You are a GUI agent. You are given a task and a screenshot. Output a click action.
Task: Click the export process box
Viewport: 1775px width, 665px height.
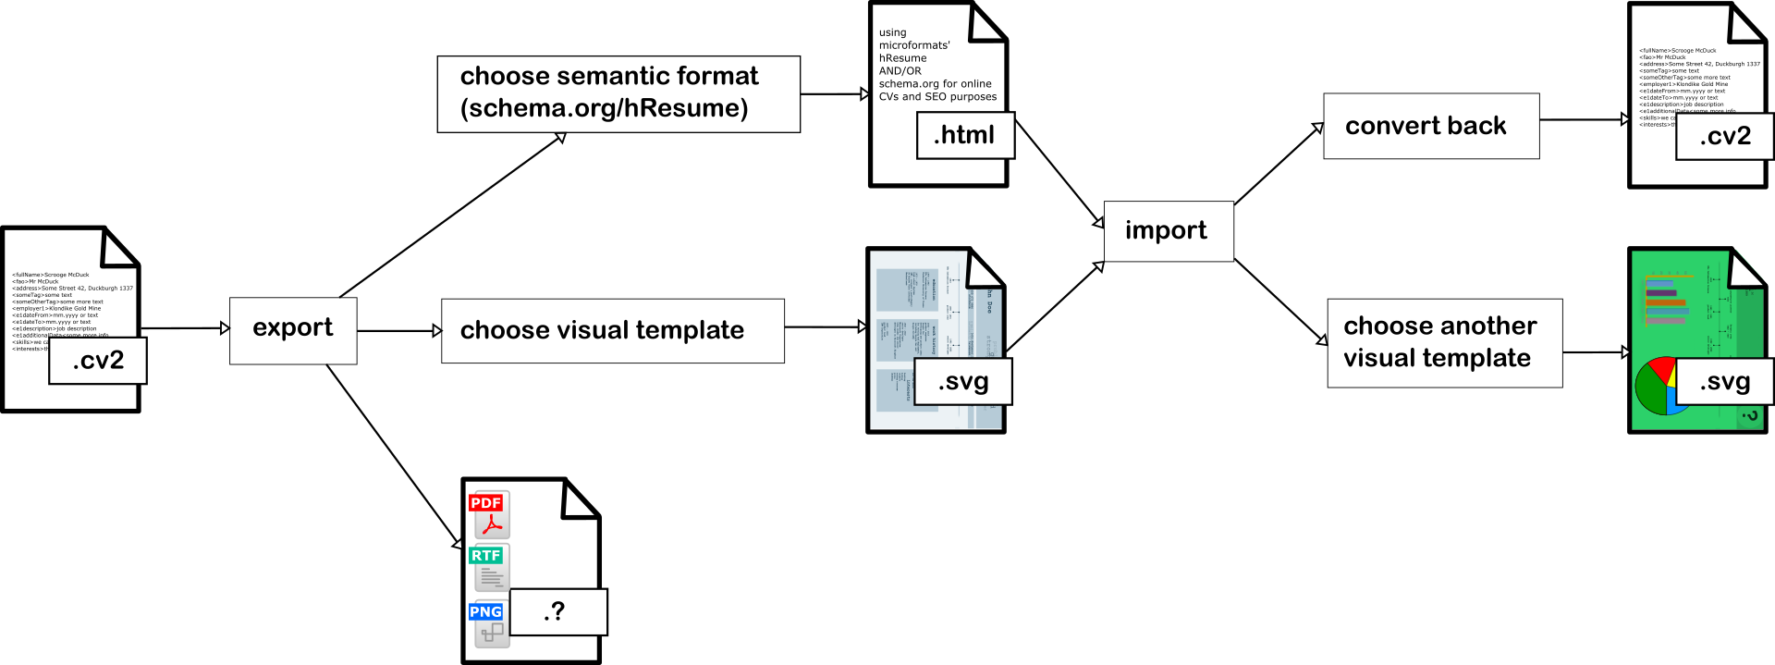pyautogui.click(x=293, y=330)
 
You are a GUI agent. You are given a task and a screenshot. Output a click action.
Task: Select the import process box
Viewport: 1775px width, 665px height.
pyautogui.click(x=1169, y=231)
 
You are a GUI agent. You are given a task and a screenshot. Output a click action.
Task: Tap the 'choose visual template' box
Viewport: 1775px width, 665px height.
pyautogui.click(x=612, y=330)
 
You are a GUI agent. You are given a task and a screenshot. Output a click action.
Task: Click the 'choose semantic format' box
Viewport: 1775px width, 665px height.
pyautogui.click(x=618, y=93)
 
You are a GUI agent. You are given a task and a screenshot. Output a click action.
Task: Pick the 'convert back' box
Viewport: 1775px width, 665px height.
pyautogui.click(x=1430, y=126)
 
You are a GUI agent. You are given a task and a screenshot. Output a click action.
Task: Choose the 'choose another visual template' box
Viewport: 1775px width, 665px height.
pyautogui.click(x=1444, y=342)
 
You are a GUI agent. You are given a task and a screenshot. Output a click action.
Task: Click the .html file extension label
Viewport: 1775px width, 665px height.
pyautogui.click(x=965, y=135)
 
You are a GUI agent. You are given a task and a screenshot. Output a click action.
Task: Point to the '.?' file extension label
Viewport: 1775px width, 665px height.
pyautogui.click(x=557, y=611)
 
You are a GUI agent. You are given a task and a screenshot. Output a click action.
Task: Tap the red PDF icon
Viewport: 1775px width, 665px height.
pyautogui.click(x=487, y=513)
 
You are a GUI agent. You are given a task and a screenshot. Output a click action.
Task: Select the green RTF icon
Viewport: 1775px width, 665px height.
pyautogui.click(x=487, y=565)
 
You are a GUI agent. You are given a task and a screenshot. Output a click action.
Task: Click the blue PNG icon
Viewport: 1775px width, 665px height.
pyautogui.click(x=487, y=622)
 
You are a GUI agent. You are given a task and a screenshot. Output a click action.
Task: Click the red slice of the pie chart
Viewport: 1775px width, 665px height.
pyautogui.click(x=1661, y=369)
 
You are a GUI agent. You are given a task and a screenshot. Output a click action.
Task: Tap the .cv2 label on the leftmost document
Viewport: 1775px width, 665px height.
pyautogui.click(x=98, y=361)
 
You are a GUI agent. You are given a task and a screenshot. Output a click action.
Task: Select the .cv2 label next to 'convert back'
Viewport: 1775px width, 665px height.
pyautogui.click(x=1724, y=136)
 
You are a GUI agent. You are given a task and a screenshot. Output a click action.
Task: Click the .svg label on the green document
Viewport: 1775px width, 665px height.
pyautogui.click(x=1724, y=381)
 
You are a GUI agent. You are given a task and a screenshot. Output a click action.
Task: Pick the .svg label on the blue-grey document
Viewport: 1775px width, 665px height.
pyautogui.click(x=963, y=381)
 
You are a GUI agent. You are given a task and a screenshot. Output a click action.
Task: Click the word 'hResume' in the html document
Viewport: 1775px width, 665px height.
pyautogui.click(x=902, y=58)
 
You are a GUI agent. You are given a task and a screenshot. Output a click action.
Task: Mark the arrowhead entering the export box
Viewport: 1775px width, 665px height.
pyautogui.click(x=225, y=328)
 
